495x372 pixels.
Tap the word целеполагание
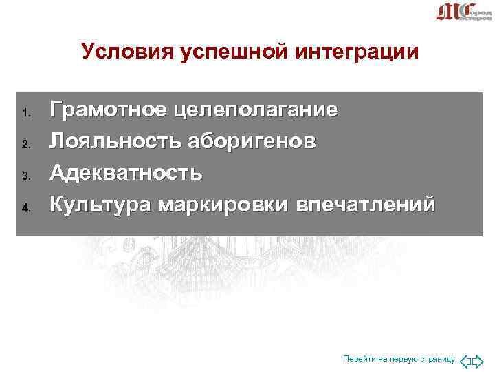(x=255, y=110)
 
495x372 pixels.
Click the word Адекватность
(x=126, y=172)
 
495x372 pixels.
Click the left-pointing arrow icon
(x=466, y=360)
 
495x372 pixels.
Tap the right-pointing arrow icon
(x=479, y=360)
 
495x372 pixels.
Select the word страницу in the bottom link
(x=437, y=360)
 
